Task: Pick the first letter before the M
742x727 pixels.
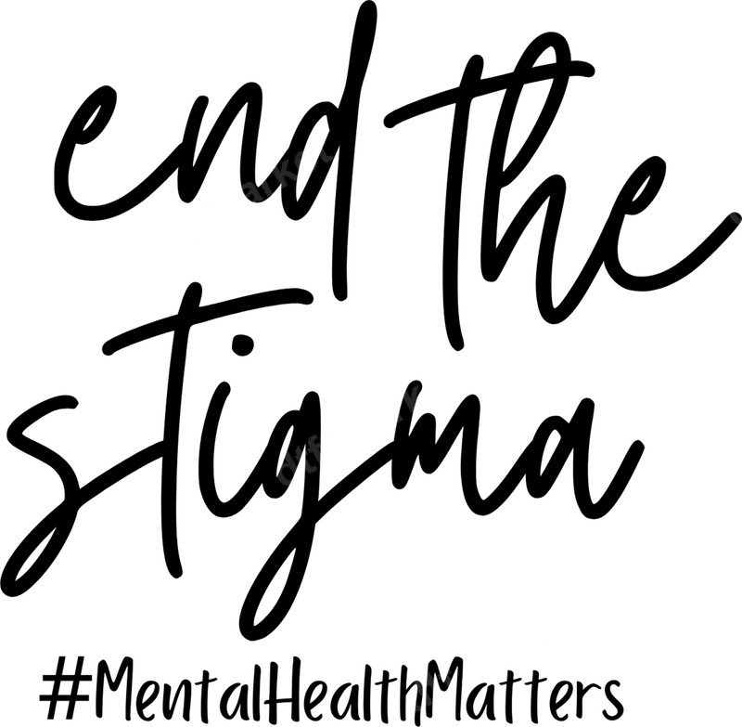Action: (x=418, y=690)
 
